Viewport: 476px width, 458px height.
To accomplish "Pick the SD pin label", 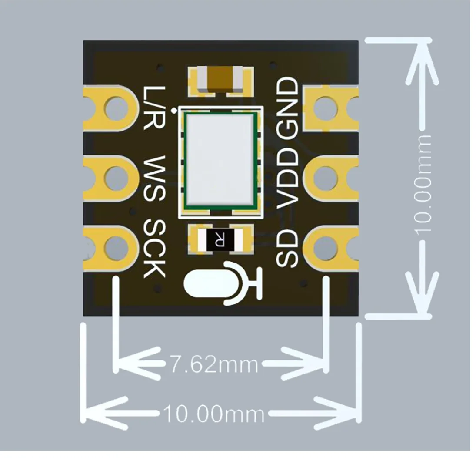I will coord(287,248).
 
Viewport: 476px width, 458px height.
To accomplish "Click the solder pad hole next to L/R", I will coord(115,108).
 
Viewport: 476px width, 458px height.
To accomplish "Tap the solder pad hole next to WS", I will coord(115,178).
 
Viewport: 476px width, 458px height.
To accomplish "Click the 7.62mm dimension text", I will coord(213,365).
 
